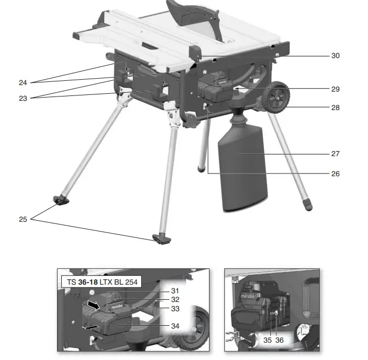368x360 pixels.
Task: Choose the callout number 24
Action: tap(22, 82)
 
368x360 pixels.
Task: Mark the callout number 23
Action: tap(22, 99)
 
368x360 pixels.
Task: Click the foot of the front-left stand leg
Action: tap(62, 202)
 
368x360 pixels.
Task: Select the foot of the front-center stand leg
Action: tap(160, 238)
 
